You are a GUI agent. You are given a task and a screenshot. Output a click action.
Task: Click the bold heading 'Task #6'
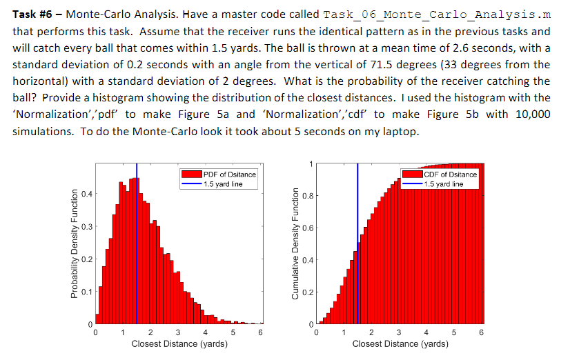click(x=30, y=14)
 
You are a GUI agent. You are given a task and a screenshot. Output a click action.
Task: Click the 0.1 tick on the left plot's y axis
click(x=86, y=293)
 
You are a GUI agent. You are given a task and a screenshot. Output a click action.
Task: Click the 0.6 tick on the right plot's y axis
click(x=306, y=228)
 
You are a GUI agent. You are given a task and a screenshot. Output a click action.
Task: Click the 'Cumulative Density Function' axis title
click(x=294, y=244)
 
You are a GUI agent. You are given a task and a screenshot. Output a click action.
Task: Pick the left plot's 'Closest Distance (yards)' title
click(x=178, y=343)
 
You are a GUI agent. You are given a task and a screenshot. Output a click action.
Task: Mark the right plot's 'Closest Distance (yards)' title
click(x=399, y=343)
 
